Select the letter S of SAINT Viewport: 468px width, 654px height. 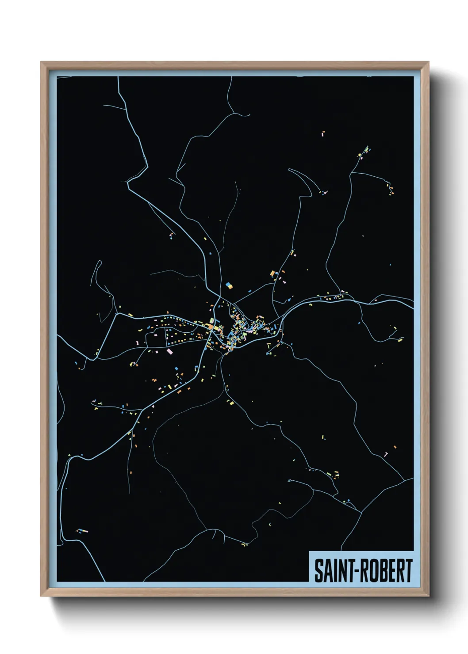pyautogui.click(x=318, y=570)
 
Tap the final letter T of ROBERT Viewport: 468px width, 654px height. pyautogui.click(x=408, y=570)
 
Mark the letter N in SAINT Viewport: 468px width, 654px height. pyautogui.click(x=339, y=570)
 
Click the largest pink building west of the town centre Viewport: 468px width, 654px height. pyautogui.click(x=170, y=351)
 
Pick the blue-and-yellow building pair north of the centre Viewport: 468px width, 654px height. pyautogui.click(x=229, y=285)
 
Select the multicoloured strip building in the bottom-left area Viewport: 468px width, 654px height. pyautogui.click(x=82, y=531)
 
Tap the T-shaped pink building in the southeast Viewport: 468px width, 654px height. pyautogui.click(x=386, y=454)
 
